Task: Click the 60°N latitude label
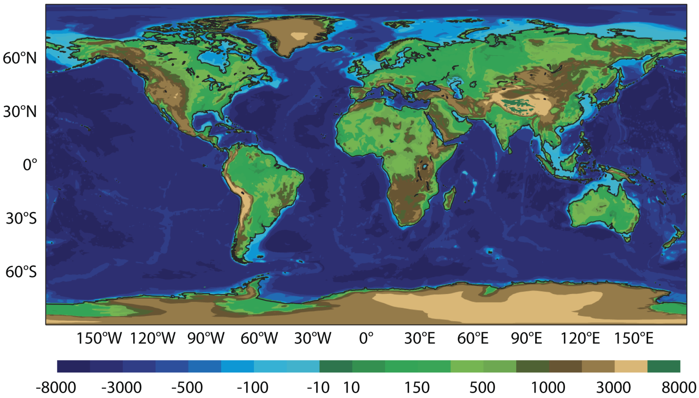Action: (20, 58)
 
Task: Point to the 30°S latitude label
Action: (21, 218)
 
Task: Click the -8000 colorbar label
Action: (56, 388)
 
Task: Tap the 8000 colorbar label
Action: (679, 388)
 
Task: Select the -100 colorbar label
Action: (252, 388)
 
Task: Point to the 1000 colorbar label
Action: (548, 388)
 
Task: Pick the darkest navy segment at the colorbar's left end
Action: (73, 366)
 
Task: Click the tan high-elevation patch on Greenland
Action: (299, 36)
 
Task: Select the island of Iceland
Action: (332, 49)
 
